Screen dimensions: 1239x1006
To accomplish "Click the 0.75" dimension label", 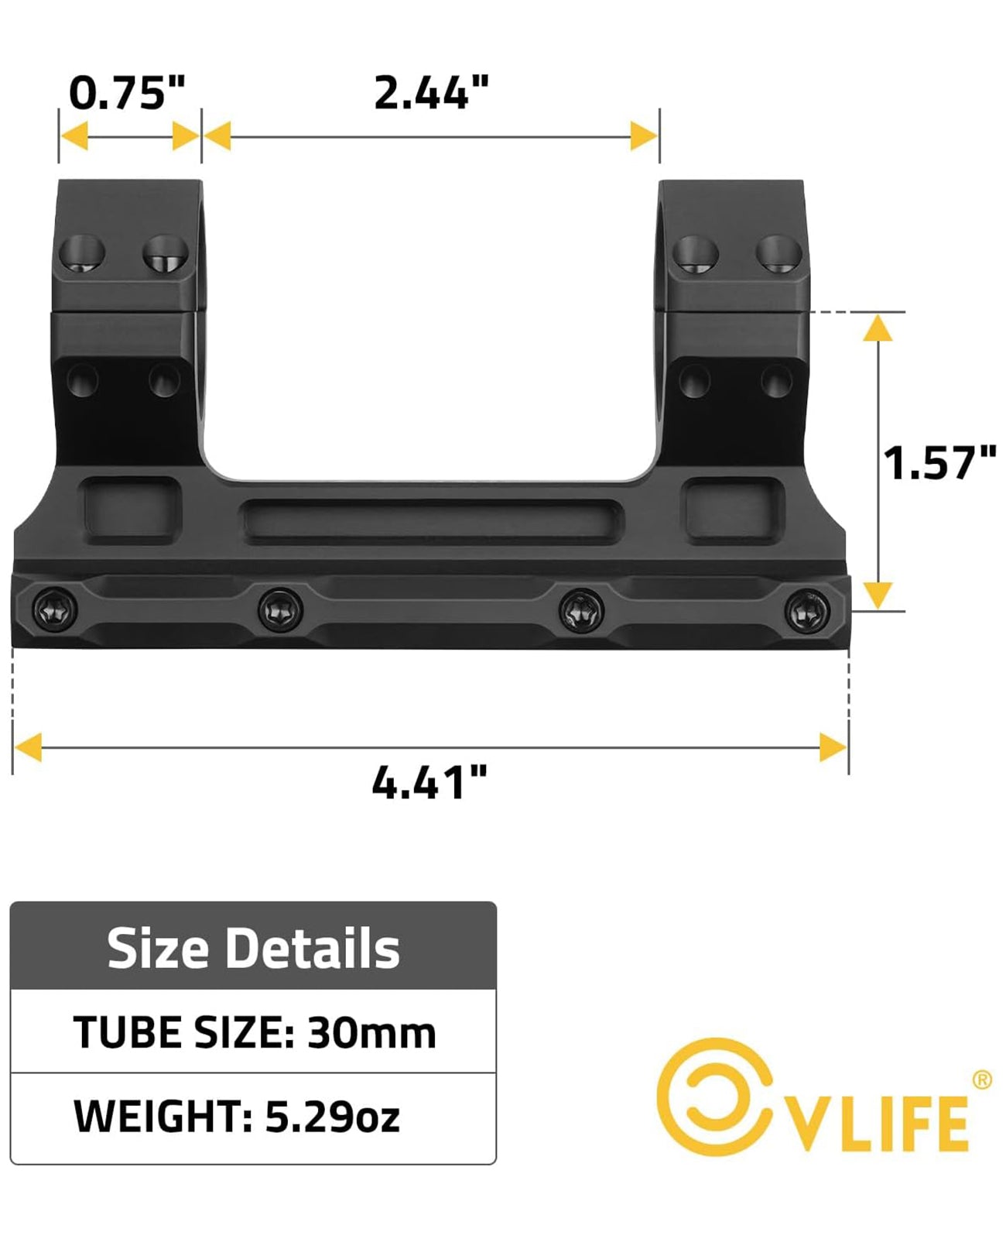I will pyautogui.click(x=128, y=93).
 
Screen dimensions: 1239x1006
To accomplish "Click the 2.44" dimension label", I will pyautogui.click(x=431, y=93).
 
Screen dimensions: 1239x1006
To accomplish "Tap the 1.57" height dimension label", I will pyautogui.click(x=939, y=463).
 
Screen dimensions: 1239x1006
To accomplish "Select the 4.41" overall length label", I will pyautogui.click(x=430, y=782).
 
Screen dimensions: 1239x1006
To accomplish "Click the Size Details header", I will pyautogui.click(x=253, y=948).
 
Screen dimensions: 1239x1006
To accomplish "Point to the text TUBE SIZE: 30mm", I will pyautogui.click(x=255, y=1032).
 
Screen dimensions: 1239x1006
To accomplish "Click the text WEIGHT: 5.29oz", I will pyautogui.click(x=237, y=1116).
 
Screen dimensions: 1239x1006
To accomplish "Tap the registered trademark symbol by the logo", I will pyautogui.click(x=980, y=1079).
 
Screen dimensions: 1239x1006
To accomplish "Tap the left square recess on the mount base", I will pyautogui.click(x=130, y=508).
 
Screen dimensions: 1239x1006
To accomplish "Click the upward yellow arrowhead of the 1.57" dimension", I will pyautogui.click(x=877, y=328).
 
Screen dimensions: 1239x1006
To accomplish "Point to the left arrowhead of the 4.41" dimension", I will pyautogui.click(x=29, y=748).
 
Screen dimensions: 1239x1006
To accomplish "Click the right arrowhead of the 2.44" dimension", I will pyautogui.click(x=643, y=137).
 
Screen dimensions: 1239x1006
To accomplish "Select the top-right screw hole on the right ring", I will pyautogui.click(x=778, y=253).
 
